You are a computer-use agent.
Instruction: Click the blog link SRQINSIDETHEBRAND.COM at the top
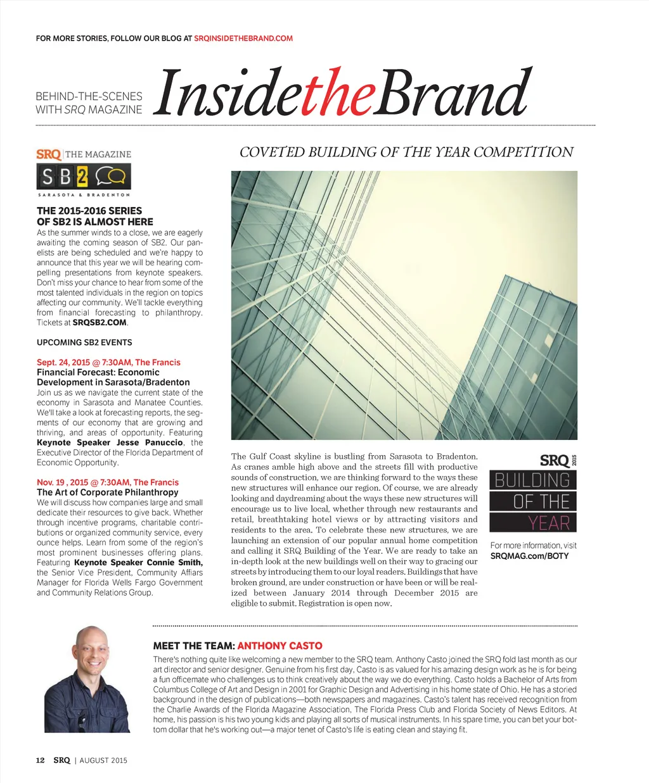[x=243, y=39]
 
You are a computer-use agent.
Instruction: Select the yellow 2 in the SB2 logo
[x=82, y=177]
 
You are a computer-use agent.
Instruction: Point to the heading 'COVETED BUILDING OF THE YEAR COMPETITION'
[x=406, y=152]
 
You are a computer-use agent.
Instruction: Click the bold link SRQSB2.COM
[x=100, y=323]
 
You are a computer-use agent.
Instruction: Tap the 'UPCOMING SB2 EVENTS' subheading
[x=84, y=342]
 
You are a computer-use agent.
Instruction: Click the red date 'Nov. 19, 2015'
[x=62, y=482]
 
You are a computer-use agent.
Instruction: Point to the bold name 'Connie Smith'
[x=174, y=563]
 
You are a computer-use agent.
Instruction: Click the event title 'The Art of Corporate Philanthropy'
[x=107, y=492]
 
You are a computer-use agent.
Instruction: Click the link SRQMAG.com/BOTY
[x=529, y=556]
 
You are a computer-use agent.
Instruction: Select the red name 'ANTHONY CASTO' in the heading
[x=280, y=646]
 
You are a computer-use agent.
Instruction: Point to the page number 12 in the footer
[x=40, y=760]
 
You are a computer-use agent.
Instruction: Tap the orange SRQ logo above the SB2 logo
[x=49, y=154]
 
